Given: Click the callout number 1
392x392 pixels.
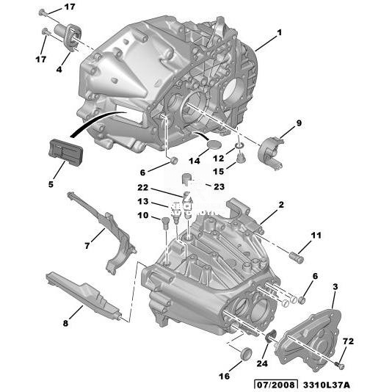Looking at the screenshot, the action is (279, 32).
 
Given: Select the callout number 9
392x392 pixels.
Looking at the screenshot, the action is (299, 123).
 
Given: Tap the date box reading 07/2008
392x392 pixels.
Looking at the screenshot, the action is (276, 385).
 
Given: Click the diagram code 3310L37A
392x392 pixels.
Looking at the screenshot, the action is (326, 385).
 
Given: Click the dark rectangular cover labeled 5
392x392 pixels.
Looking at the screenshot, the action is (65, 153).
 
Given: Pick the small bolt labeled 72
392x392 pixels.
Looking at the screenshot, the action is (339, 366).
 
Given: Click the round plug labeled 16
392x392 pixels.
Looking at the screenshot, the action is (246, 353).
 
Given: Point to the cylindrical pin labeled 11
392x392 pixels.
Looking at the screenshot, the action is (297, 258).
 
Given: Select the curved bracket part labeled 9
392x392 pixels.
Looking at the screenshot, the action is (270, 153).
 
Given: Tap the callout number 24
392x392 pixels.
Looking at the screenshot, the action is (262, 363).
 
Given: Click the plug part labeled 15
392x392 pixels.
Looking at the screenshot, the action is (241, 159).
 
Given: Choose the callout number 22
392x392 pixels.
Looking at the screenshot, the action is (142, 187).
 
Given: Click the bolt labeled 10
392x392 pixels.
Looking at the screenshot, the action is (164, 223).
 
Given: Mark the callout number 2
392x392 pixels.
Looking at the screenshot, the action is (281, 205).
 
